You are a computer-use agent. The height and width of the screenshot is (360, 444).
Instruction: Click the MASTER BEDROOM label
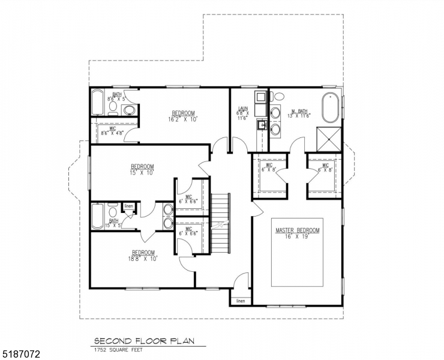[298, 230]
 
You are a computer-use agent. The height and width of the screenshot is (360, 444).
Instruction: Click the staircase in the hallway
[221, 225]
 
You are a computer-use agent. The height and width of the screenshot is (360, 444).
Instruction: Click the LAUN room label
[243, 109]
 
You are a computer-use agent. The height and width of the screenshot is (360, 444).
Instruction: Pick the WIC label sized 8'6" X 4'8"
[112, 128]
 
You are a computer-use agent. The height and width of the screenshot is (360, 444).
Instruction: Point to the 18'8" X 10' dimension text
[143, 259]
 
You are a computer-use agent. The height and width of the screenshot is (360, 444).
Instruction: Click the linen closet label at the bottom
[241, 301]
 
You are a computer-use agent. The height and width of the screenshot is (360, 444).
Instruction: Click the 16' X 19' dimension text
[298, 237]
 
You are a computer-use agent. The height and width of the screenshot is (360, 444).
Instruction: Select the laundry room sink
[262, 125]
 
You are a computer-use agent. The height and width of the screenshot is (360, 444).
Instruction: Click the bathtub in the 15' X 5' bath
[97, 216]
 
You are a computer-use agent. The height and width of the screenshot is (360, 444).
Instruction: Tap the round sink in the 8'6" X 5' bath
[128, 109]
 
